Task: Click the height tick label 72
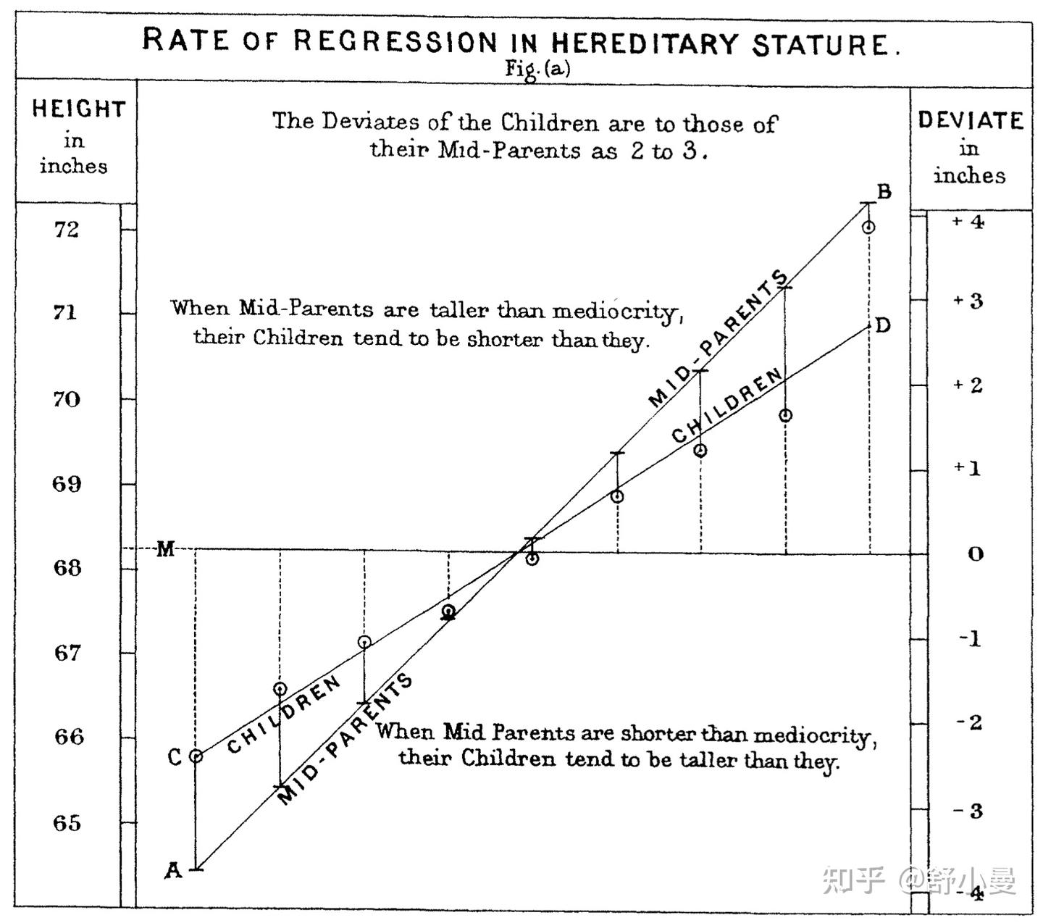pyautogui.click(x=66, y=230)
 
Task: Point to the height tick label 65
pyautogui.click(x=67, y=823)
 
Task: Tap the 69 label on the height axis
pyautogui.click(x=67, y=484)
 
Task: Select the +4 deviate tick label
pyautogui.click(x=968, y=222)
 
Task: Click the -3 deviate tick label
pyautogui.click(x=968, y=811)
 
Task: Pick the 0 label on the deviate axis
pyautogui.click(x=976, y=554)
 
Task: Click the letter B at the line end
pyautogui.click(x=884, y=192)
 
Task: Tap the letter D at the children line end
pyautogui.click(x=882, y=325)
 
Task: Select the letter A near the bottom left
pyautogui.click(x=172, y=869)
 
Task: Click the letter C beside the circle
pyautogui.click(x=175, y=757)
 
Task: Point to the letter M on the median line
pyautogui.click(x=166, y=549)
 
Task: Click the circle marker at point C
pyautogui.click(x=196, y=756)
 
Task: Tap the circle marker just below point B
pyautogui.click(x=868, y=227)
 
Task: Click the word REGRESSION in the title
pyautogui.click(x=395, y=41)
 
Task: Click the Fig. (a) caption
pyautogui.click(x=537, y=69)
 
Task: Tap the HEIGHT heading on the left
pyautogui.click(x=79, y=109)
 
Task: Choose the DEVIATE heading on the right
pyautogui.click(x=971, y=120)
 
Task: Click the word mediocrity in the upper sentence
pyautogui.click(x=616, y=311)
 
